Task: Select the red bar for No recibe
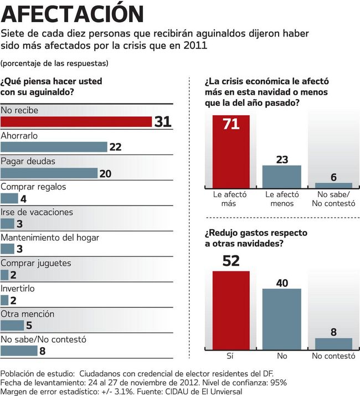point(76,121)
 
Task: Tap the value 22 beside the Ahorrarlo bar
point(115,147)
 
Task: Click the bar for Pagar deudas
point(49,173)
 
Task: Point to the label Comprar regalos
point(33,187)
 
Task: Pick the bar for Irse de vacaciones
point(7,224)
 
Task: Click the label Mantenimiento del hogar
point(50,238)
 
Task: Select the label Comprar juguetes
point(35,263)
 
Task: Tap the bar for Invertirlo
point(4,300)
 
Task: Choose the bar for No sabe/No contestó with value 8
point(19,351)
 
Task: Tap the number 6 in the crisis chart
point(333,177)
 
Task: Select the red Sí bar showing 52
point(231,310)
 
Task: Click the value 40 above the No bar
point(282,282)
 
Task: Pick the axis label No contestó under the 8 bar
point(333,356)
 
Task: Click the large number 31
point(163,122)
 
